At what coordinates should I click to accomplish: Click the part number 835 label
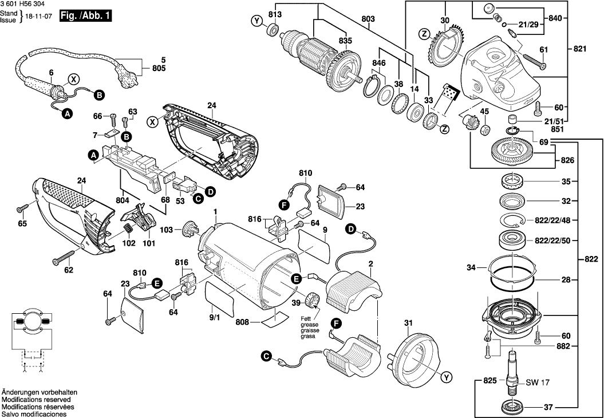click(345, 41)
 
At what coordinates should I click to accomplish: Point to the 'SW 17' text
click(535, 382)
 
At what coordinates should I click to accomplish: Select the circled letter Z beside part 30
click(424, 34)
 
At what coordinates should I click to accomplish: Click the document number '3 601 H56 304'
click(23, 4)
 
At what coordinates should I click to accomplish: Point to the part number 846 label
click(379, 62)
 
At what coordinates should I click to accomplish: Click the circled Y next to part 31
click(446, 377)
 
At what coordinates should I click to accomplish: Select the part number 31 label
click(408, 323)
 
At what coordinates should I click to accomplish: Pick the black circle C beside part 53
click(198, 199)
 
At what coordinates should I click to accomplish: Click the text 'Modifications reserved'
click(36, 399)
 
